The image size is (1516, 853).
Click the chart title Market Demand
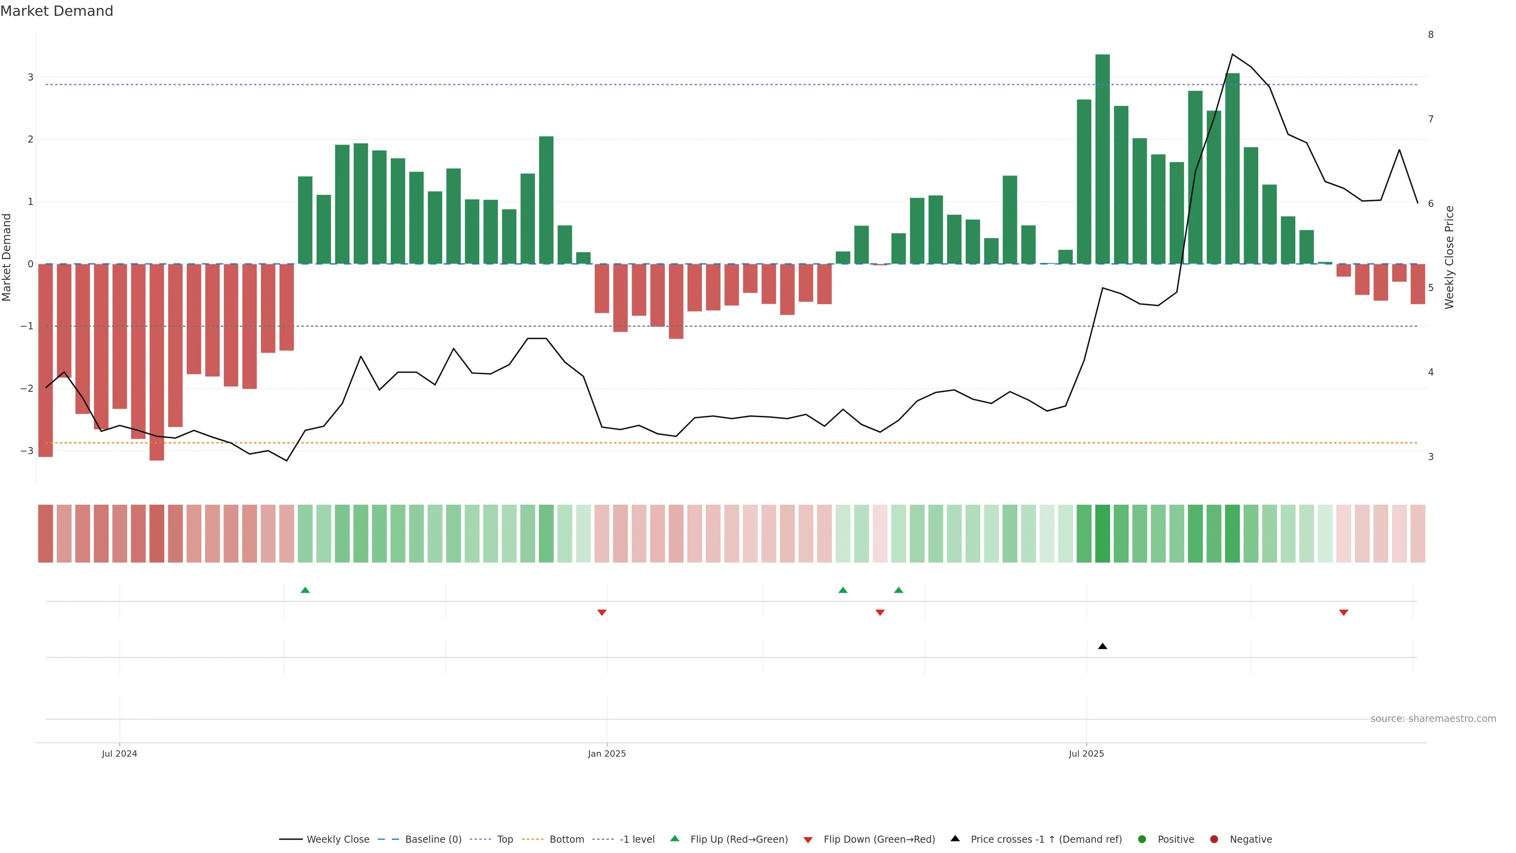pos(56,11)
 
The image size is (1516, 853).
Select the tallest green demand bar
pos(1102,159)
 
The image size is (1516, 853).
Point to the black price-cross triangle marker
pos(1102,646)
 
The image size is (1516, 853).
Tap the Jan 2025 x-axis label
pos(607,753)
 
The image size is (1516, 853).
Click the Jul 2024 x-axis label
pos(120,753)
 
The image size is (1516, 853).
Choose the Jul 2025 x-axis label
pos(1086,753)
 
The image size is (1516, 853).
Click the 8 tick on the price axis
pos(1431,35)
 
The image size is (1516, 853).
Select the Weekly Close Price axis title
pos(1449,257)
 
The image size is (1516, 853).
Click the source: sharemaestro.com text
pos(1433,719)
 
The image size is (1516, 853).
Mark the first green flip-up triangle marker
pos(305,590)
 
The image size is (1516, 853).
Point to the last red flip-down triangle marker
pos(1343,613)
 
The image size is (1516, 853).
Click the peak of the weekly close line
pos(1232,54)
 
